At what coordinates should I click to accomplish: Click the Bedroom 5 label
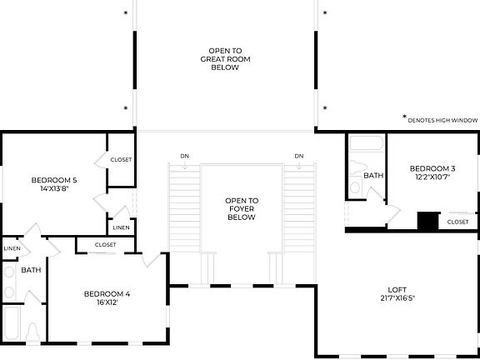click(54, 180)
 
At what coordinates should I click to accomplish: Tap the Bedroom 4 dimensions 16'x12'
click(107, 302)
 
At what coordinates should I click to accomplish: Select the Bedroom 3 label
click(430, 169)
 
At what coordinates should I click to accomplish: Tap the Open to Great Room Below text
click(225, 58)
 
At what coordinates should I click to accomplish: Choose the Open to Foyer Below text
click(242, 208)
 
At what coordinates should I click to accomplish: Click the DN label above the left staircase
click(185, 156)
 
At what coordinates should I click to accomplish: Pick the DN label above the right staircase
click(298, 156)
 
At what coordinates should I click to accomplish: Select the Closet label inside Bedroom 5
click(121, 159)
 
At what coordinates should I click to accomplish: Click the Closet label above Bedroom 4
click(106, 244)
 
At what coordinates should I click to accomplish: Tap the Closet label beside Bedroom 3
click(457, 222)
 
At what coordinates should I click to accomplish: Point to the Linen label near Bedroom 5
click(121, 227)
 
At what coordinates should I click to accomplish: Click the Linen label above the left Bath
click(12, 247)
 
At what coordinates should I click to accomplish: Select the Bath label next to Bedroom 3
click(373, 176)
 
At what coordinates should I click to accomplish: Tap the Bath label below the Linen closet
click(32, 270)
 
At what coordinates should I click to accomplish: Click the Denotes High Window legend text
click(442, 119)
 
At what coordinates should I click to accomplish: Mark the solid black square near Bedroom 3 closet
click(428, 221)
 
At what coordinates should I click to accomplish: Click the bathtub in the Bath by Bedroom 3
click(365, 147)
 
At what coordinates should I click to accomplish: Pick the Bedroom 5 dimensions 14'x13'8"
click(54, 188)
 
